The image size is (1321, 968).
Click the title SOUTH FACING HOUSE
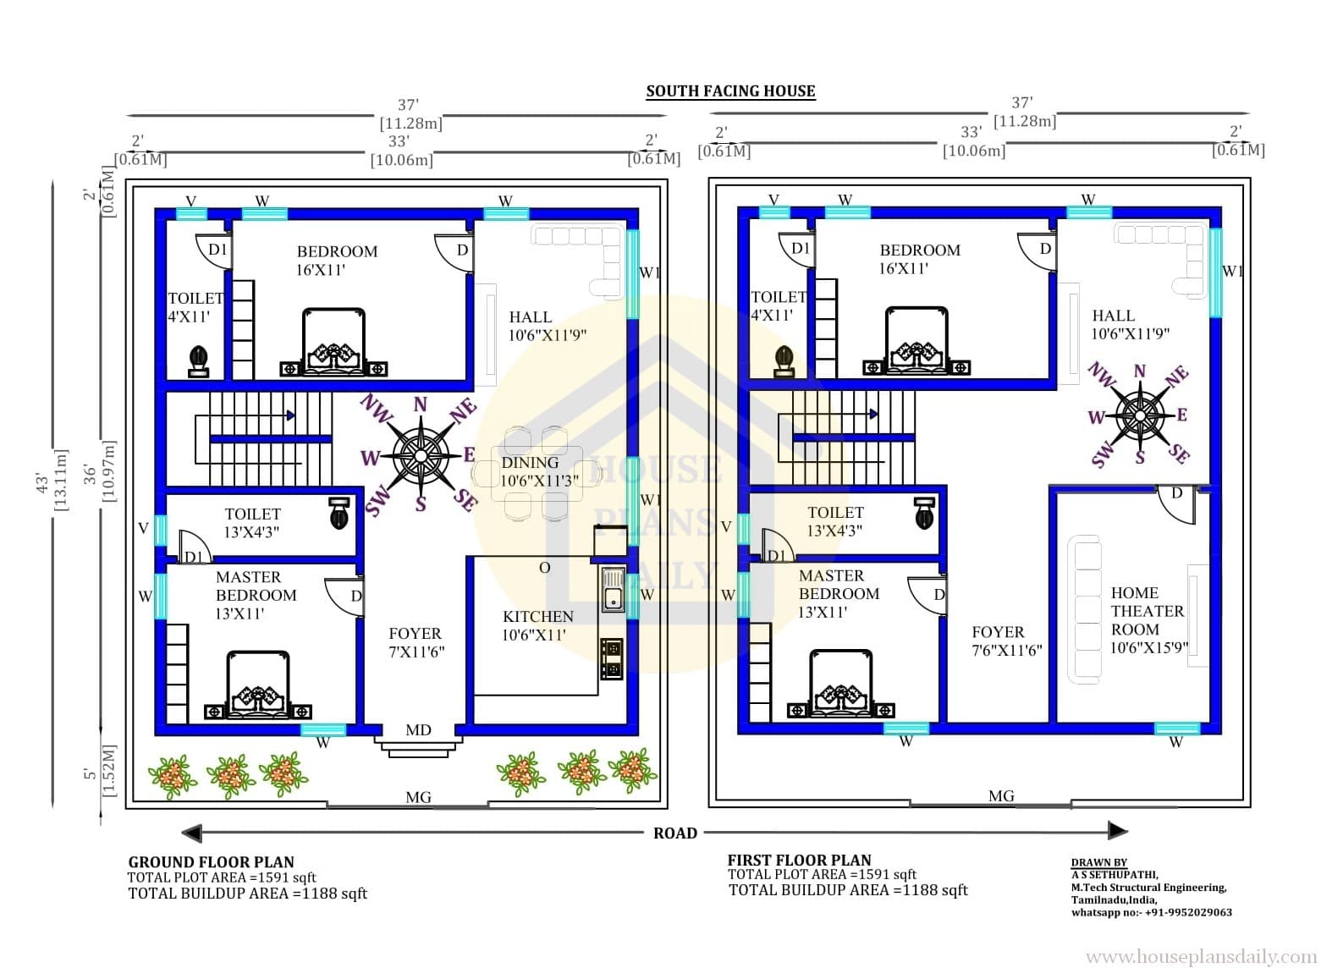(730, 91)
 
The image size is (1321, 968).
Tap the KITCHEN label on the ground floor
(538, 617)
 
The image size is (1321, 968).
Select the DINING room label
(530, 463)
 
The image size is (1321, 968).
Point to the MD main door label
(418, 730)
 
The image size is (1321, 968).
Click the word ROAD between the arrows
(675, 833)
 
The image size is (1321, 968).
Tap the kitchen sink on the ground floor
(613, 590)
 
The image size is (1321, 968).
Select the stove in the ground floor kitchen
(612, 658)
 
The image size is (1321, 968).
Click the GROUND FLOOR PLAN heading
(211, 862)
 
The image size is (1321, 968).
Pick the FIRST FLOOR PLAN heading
(800, 861)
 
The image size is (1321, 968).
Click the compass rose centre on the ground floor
(421, 456)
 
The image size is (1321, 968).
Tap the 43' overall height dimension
(42, 483)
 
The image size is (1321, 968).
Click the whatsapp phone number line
(1152, 912)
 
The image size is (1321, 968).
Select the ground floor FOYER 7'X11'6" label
(416, 642)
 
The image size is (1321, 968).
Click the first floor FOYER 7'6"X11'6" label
(1007, 641)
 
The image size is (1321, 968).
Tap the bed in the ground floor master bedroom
(258, 685)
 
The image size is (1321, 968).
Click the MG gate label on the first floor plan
(1001, 796)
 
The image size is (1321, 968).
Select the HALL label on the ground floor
(531, 317)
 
